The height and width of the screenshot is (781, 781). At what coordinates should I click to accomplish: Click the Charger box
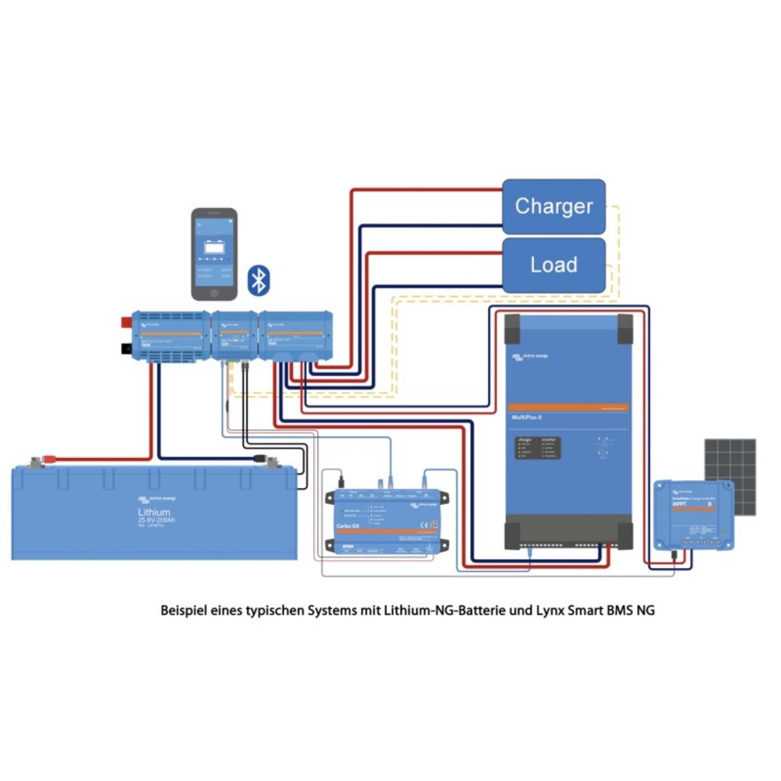coord(553,207)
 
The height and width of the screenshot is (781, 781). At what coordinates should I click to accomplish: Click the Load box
coord(553,265)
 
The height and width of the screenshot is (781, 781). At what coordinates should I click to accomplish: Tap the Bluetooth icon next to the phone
coord(259,281)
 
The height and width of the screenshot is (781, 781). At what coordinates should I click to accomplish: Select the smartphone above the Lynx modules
coord(214,254)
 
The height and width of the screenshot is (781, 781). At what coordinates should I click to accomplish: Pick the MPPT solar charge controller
coord(694,515)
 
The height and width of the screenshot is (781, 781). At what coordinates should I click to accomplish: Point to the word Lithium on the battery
coord(154,512)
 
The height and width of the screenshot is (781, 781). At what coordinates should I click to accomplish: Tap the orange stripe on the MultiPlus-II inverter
coord(568,408)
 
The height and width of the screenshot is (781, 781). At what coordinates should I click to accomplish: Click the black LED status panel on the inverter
coord(537,448)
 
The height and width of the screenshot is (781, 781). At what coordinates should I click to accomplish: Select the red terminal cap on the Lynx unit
coord(126,322)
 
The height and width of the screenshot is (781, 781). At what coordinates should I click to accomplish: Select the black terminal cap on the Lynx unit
coord(126,348)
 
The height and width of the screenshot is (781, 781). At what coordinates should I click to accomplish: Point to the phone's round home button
coord(214,293)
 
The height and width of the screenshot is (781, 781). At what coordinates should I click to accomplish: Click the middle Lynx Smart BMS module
coord(234,336)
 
